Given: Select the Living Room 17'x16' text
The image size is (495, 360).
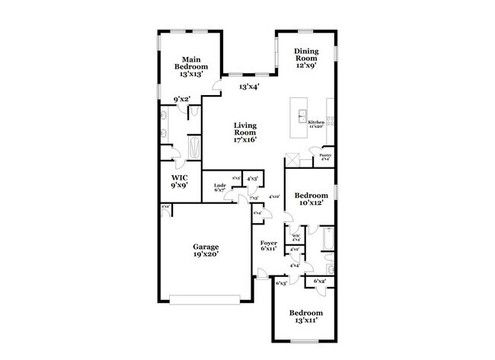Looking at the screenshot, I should click(x=244, y=132).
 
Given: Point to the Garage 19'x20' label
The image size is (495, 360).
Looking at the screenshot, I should click(x=206, y=251).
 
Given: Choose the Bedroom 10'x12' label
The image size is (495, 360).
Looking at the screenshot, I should click(x=312, y=199).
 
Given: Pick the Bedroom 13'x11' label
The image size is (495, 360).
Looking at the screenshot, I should click(x=305, y=317).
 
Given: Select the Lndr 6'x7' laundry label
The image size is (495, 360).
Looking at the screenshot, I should click(x=219, y=187).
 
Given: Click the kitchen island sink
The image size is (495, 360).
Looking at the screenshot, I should click(x=303, y=116).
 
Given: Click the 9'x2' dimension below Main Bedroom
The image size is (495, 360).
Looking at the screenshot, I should click(x=181, y=99).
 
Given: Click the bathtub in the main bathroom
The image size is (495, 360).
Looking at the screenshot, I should click(x=195, y=145).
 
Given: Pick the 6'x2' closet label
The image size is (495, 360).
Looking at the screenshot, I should click(x=319, y=282).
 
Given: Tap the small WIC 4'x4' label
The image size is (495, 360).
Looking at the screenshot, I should click(x=297, y=237).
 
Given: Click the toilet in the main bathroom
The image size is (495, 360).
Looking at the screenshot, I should click(x=194, y=113).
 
